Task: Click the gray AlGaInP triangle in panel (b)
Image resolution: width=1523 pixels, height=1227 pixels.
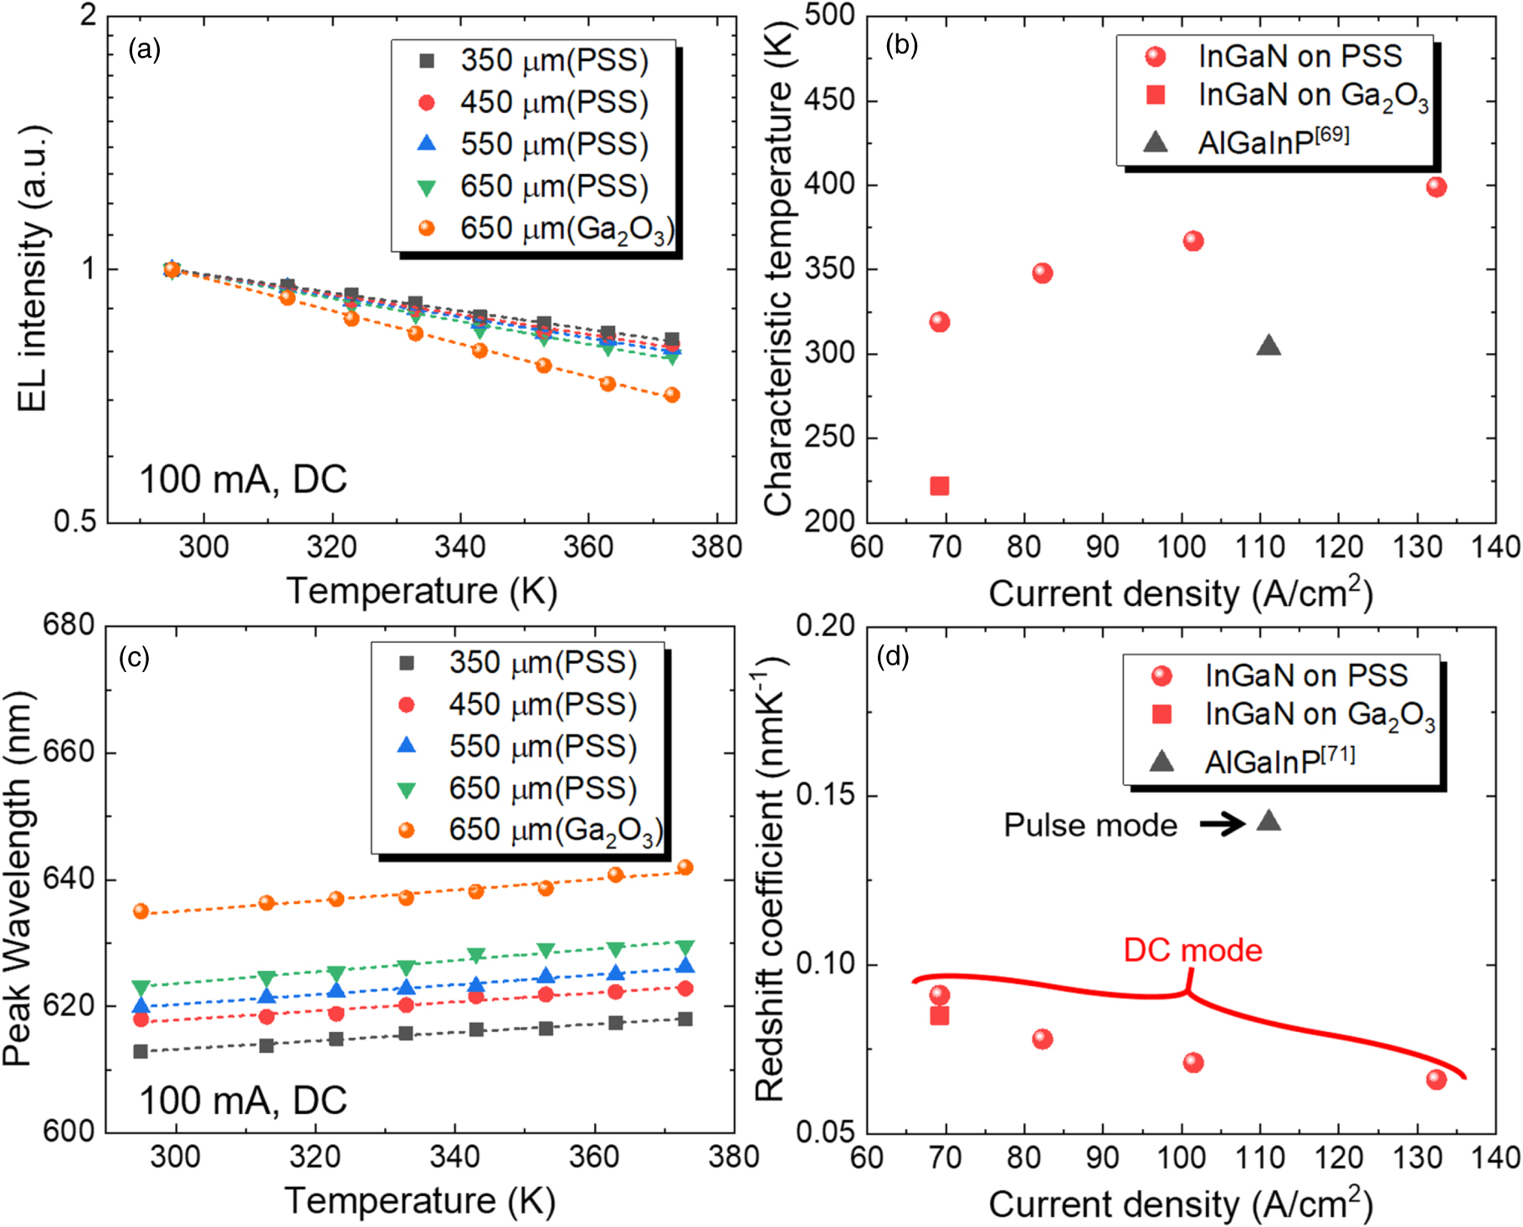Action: pyautogui.click(x=1269, y=346)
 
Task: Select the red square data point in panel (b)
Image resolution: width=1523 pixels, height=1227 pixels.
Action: pyautogui.click(x=940, y=486)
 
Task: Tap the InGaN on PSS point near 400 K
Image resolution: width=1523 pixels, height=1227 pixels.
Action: pyautogui.click(x=1436, y=187)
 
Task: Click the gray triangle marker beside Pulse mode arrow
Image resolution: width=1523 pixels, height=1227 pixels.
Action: pyautogui.click(x=1269, y=821)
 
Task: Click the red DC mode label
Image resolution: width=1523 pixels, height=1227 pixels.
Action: pyautogui.click(x=1192, y=950)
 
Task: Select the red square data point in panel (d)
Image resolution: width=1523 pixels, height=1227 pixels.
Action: pyautogui.click(x=940, y=1016)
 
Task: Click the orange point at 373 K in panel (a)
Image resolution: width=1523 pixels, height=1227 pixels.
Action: pyautogui.click(x=672, y=395)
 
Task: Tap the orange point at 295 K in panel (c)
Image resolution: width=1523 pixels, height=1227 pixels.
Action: pyautogui.click(x=141, y=911)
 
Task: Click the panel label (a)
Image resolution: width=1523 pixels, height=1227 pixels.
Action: pyautogui.click(x=144, y=50)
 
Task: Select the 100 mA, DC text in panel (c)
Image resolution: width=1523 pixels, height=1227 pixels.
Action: pyautogui.click(x=243, y=1100)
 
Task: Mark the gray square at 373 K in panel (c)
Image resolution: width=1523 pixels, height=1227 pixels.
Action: pyautogui.click(x=685, y=1019)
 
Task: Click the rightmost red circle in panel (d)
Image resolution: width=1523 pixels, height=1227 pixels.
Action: pyautogui.click(x=1436, y=1080)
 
